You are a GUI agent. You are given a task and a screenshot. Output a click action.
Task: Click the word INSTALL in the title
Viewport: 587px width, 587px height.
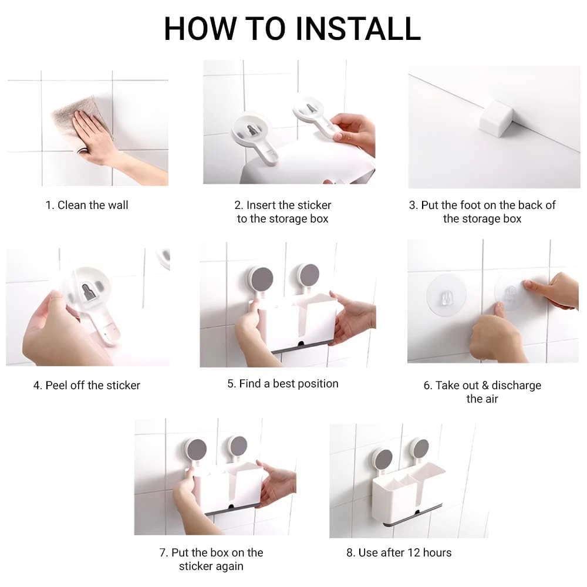[x=358, y=29]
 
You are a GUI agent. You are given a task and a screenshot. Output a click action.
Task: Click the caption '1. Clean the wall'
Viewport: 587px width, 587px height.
[x=87, y=205]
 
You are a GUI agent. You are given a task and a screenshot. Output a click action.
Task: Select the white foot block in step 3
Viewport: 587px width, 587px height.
[x=496, y=118]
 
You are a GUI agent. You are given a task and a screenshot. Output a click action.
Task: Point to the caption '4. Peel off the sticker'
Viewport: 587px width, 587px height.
[x=87, y=385]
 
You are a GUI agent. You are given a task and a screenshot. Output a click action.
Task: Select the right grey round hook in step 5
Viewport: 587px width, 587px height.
[x=309, y=275]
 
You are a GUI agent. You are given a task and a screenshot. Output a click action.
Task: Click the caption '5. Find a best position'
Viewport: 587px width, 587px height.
[x=283, y=384]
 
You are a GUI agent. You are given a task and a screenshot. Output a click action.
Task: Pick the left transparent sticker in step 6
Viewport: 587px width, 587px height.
[x=446, y=294]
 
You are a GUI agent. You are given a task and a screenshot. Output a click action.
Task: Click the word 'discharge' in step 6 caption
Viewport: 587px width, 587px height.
[x=516, y=385]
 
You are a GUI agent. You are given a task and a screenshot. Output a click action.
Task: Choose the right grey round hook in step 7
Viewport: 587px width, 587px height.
[x=238, y=446]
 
